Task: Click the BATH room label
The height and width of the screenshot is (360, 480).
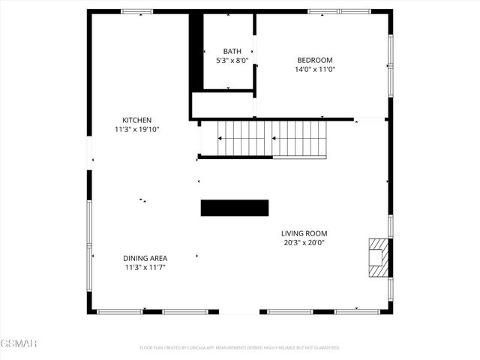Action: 232,51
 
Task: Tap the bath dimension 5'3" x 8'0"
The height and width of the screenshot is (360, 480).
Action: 232,60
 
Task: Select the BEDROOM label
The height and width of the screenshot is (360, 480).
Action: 314,60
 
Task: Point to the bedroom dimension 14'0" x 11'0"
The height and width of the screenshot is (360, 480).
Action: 314,69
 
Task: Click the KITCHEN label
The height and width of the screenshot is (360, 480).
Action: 137,120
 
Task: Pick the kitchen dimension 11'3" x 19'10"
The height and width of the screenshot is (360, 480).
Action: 137,129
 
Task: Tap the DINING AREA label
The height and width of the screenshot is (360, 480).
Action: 145,258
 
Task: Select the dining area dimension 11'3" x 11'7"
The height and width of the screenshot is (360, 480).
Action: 145,267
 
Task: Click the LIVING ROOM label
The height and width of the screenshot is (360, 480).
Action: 304,233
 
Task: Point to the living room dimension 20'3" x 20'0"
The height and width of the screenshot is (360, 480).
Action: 304,242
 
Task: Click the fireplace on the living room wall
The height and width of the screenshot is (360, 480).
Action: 379,258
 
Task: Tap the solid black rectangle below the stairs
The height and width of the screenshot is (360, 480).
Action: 234,208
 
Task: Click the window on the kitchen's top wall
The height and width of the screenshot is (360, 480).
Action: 136,11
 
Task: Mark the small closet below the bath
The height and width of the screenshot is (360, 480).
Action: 222,105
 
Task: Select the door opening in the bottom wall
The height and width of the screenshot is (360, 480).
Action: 239,311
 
